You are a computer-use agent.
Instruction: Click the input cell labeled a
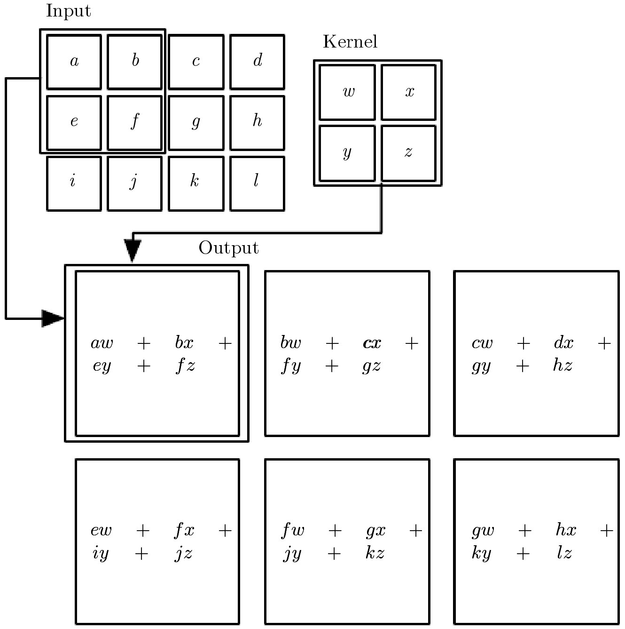(x=74, y=62)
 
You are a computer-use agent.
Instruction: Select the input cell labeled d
(x=257, y=62)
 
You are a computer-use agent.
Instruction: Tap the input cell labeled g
(x=196, y=123)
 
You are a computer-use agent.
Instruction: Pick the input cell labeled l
(x=257, y=183)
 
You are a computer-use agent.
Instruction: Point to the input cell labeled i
(x=74, y=183)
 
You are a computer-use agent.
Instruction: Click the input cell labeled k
(x=196, y=183)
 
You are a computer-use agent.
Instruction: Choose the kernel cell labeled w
(x=347, y=92)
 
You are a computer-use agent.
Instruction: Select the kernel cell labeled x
(x=408, y=92)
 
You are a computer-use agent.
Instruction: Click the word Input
(x=68, y=11)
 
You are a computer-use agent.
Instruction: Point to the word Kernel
(x=350, y=42)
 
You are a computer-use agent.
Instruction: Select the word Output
(x=228, y=248)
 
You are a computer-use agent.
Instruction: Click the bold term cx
(x=372, y=343)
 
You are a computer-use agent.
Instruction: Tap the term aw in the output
(x=102, y=343)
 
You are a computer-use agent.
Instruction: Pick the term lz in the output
(x=564, y=553)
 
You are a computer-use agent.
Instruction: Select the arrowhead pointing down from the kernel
(x=133, y=250)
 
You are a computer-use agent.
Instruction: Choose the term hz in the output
(x=562, y=366)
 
